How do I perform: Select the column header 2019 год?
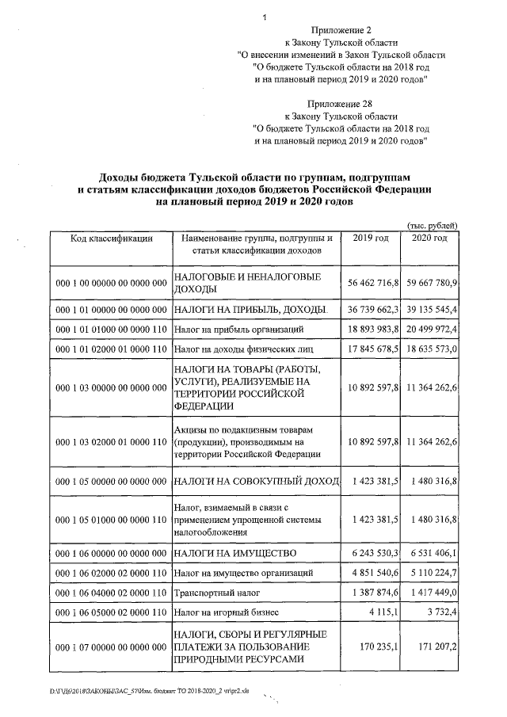click(x=370, y=238)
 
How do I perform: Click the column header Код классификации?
click(x=111, y=238)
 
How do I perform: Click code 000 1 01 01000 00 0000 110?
click(x=110, y=328)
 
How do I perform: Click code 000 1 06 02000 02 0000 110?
click(x=110, y=570)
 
